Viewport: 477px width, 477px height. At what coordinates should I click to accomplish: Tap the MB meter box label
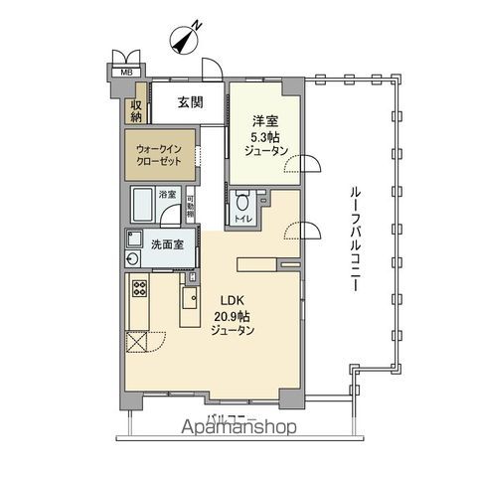pos(126,72)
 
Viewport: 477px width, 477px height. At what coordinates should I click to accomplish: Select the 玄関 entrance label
pos(192,102)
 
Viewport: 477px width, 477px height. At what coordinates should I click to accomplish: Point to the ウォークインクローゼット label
pos(157,157)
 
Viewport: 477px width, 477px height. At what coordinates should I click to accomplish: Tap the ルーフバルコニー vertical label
pos(353,238)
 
